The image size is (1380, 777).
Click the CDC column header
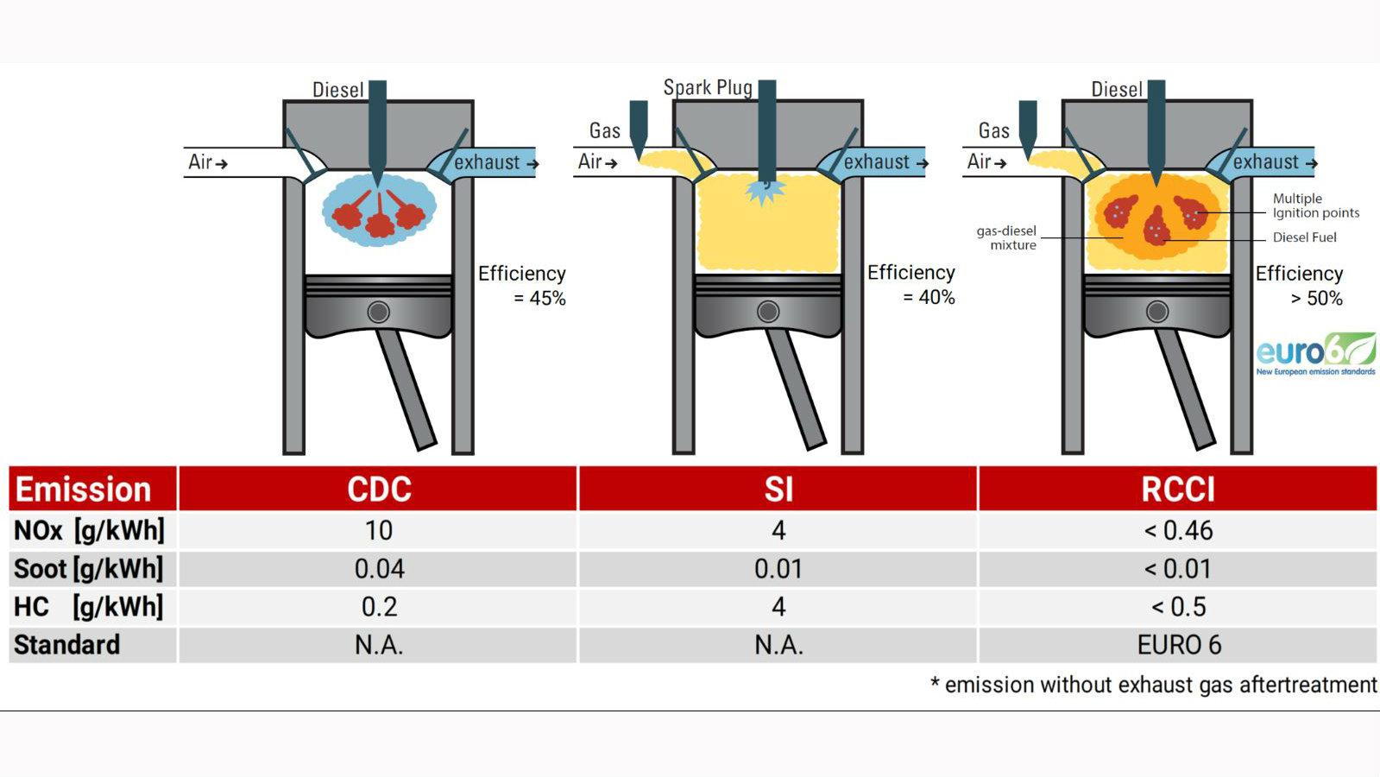pos(379,490)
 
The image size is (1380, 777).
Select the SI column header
pos(778,490)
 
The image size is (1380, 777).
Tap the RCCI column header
pos(1178,490)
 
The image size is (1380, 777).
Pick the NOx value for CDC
pos(379,531)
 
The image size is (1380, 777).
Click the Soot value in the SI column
pos(778,569)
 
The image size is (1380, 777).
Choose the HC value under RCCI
pos(1178,607)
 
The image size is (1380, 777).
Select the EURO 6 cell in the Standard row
pos(1179,645)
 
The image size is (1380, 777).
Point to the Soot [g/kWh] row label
pos(89,569)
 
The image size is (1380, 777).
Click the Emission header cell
pos(83,490)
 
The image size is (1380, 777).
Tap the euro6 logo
pos(1316,354)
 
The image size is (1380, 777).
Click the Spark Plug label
pos(708,87)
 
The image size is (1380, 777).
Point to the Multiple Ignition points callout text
pos(1316,205)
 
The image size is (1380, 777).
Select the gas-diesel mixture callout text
pos(1006,237)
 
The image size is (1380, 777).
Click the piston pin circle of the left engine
pos(378,313)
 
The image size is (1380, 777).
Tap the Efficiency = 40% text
pos(911,285)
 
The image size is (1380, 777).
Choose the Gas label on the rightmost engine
pos(993,130)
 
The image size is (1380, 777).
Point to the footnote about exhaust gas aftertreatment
pos(1153,685)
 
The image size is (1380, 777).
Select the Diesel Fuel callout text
pos(1304,237)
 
